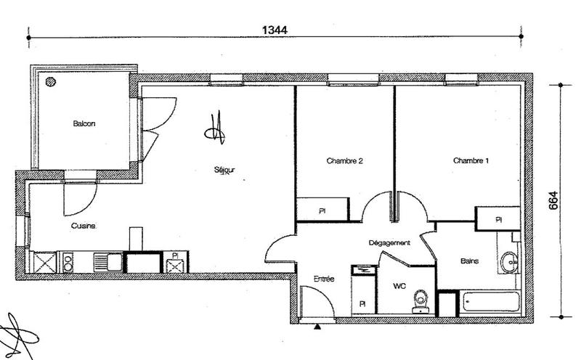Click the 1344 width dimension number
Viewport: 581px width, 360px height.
(x=274, y=30)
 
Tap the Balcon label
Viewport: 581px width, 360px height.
(x=84, y=123)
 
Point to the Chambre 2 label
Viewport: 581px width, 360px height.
(x=344, y=160)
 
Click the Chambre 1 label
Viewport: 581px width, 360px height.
(x=471, y=160)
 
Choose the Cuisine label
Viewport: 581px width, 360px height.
(x=84, y=226)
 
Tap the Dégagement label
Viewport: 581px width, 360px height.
(x=389, y=242)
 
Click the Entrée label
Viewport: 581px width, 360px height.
(x=323, y=279)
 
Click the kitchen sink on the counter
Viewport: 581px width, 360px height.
(x=110, y=261)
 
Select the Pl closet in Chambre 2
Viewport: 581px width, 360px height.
(x=322, y=211)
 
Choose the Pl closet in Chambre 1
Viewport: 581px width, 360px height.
(x=498, y=218)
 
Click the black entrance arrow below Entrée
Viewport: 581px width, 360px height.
(x=317, y=327)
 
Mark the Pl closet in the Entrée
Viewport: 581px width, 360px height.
(x=362, y=303)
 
